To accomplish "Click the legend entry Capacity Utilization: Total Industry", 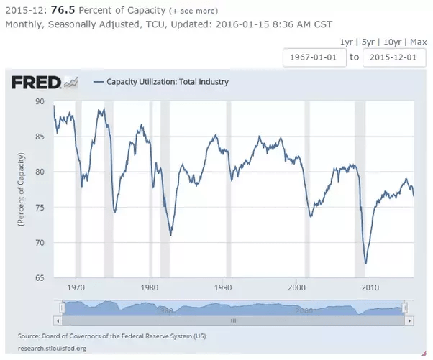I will [x=167, y=82].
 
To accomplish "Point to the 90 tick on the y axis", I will [x=40, y=101].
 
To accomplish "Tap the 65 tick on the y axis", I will [x=40, y=277].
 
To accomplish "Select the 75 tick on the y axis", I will [x=40, y=207].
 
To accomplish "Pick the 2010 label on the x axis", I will [x=370, y=287].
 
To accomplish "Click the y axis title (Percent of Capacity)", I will [x=22, y=190].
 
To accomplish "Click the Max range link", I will [x=416, y=42].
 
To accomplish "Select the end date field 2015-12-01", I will [x=393, y=57].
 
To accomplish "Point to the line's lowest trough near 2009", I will [x=365, y=264].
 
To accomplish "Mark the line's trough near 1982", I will [x=170, y=234].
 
